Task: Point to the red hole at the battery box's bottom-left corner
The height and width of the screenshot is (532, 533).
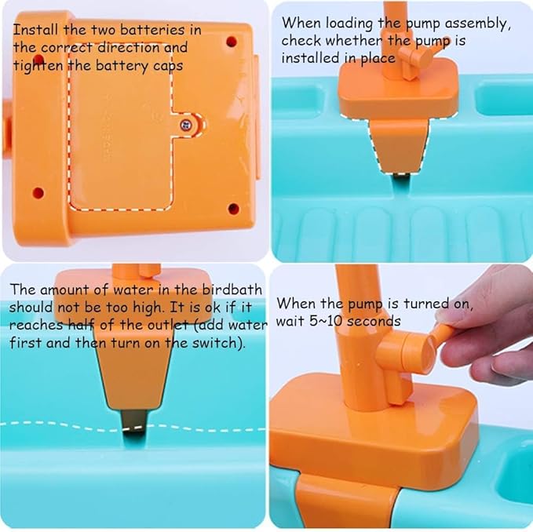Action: (38, 191)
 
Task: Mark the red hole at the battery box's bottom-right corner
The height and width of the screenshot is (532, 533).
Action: (232, 208)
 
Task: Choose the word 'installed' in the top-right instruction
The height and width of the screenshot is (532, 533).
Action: (309, 59)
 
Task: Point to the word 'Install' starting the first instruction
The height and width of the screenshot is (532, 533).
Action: (35, 31)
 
